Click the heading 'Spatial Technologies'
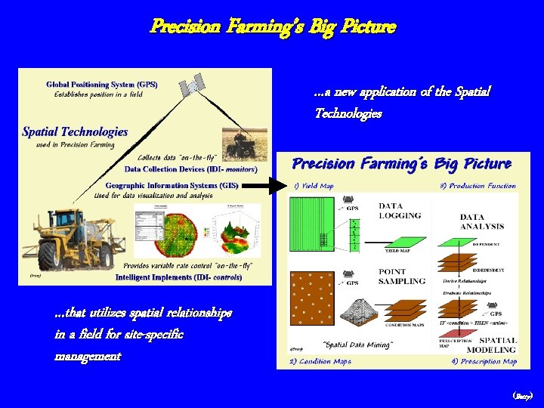point(75,131)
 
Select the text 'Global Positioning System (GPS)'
point(101,85)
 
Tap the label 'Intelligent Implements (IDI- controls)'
point(178,277)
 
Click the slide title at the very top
point(272,26)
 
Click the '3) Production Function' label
point(478,186)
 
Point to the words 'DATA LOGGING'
point(400,210)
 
